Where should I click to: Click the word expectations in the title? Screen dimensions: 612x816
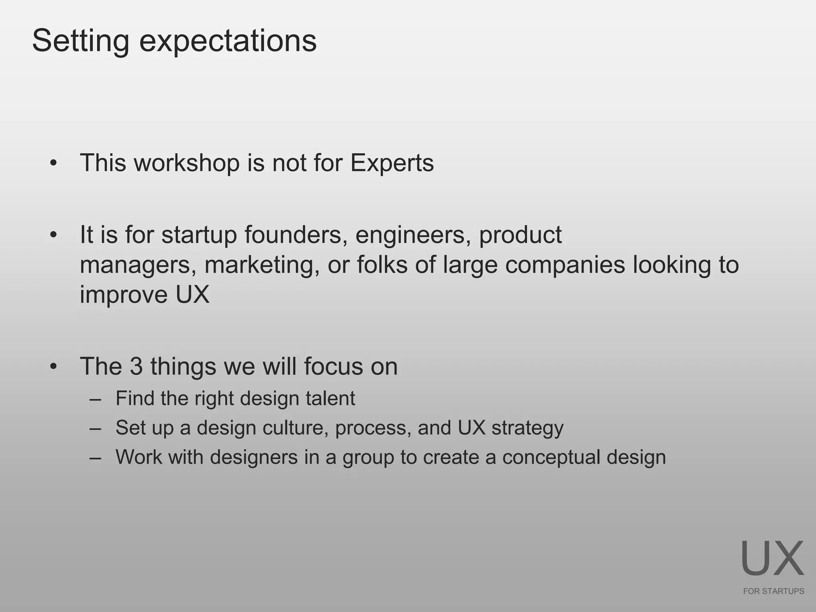(228, 41)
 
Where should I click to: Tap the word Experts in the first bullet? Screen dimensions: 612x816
(392, 163)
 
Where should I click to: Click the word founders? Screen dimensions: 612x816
(293, 235)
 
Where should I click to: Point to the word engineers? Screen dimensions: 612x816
(410, 235)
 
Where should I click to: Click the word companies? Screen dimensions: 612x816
(565, 265)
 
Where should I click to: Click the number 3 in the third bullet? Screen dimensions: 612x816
(136, 366)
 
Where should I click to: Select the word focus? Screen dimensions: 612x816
(333, 366)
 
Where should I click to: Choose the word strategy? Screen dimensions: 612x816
(527, 428)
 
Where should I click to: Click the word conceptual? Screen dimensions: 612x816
(551, 457)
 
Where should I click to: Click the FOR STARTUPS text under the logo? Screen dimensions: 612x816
(773, 591)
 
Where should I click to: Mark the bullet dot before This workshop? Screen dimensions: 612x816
(54, 163)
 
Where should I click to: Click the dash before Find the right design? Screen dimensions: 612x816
(96, 399)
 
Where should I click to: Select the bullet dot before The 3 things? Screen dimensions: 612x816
(54, 367)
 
